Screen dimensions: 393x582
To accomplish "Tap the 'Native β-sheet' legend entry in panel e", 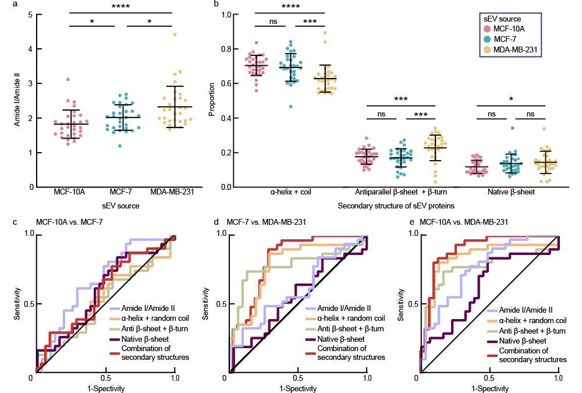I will pos(517,340).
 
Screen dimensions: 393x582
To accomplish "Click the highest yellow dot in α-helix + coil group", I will pos(325,33).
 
